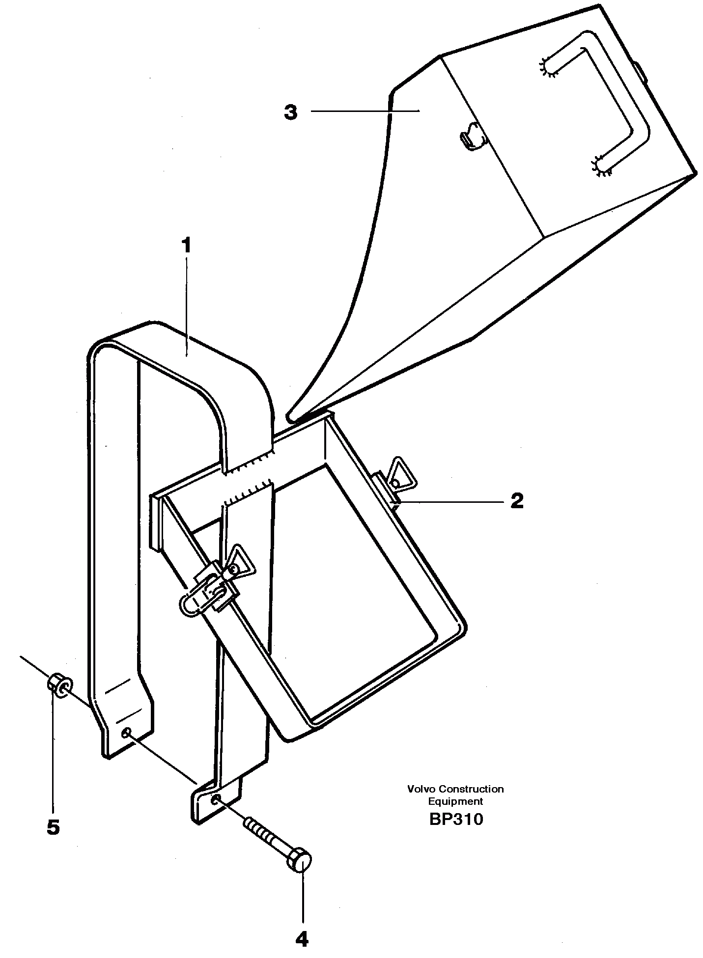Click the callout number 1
(x=186, y=246)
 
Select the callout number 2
(x=517, y=501)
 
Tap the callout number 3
(x=291, y=112)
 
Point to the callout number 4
(x=302, y=939)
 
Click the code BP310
(x=456, y=820)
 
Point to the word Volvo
(x=422, y=789)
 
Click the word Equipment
(x=455, y=801)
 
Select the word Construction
(x=471, y=789)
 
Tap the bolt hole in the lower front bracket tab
(x=215, y=800)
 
